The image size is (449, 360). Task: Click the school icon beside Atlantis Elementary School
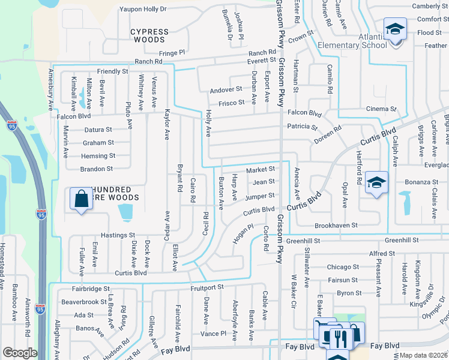pos(395,30)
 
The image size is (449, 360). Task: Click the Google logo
pos(20,353)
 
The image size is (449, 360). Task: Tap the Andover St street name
pos(226,89)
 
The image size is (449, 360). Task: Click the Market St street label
pos(260,169)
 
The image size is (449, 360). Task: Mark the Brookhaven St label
pos(337,226)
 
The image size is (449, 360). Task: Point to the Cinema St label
pos(382,109)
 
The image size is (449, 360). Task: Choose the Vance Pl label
pos(214,333)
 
